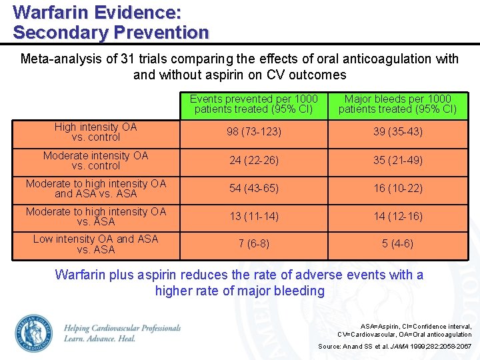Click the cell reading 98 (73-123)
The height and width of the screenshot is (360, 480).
(x=253, y=132)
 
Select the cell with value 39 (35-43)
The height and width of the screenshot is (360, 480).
(x=398, y=132)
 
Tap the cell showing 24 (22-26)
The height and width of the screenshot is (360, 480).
(x=253, y=160)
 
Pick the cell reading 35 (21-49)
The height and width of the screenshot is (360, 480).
(x=398, y=160)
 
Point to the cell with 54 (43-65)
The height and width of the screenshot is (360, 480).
(x=253, y=189)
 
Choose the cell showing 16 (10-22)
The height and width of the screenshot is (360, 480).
(x=398, y=189)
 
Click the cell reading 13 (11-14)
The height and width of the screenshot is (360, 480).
(x=253, y=216)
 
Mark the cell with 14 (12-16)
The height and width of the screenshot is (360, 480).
(x=398, y=216)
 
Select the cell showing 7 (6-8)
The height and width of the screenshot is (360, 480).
(x=253, y=244)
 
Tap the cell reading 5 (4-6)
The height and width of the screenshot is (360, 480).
(x=398, y=244)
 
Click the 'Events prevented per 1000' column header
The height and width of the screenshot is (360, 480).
(x=253, y=104)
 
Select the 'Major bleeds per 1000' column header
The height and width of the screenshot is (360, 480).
(x=398, y=104)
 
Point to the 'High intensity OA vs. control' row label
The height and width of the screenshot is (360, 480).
(x=96, y=132)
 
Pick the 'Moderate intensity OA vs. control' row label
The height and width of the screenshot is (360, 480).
(x=96, y=160)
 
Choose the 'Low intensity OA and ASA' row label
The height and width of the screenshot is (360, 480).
(x=96, y=244)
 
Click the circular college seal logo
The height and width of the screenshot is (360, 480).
(x=33, y=333)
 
